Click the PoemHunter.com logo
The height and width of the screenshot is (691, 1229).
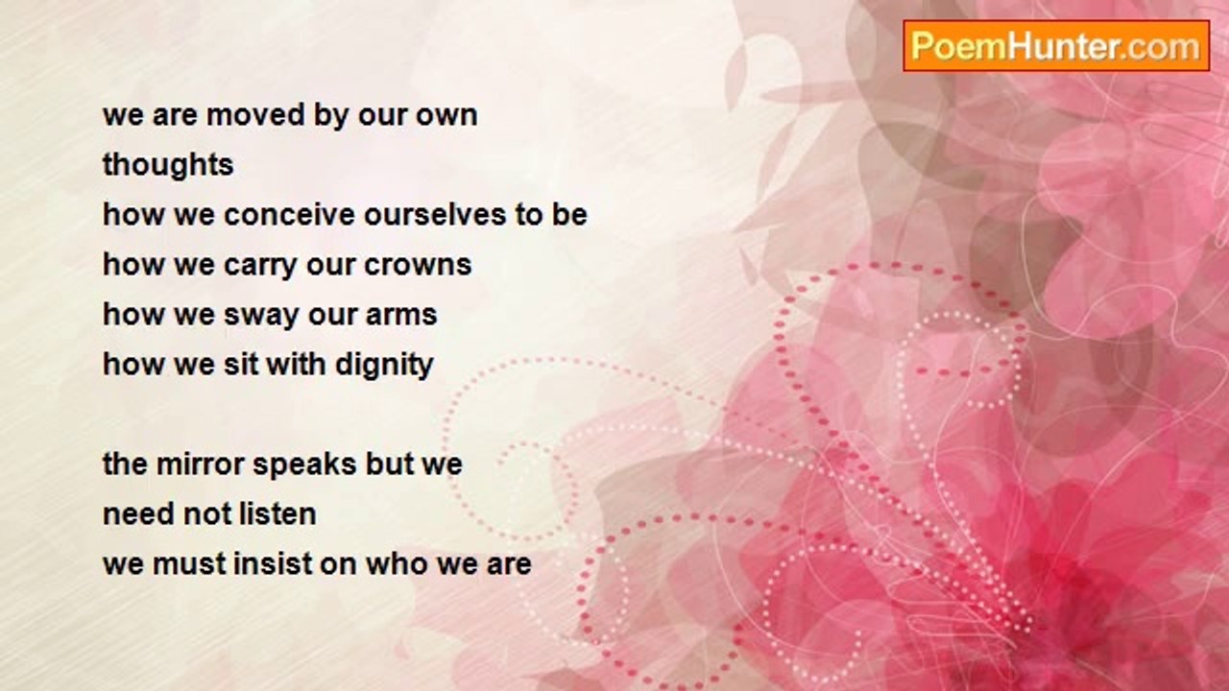pos(1056,46)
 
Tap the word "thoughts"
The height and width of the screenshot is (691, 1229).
pos(168,164)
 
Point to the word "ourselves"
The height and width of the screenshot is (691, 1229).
pos(435,215)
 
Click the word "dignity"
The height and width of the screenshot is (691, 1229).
pos(384,365)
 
